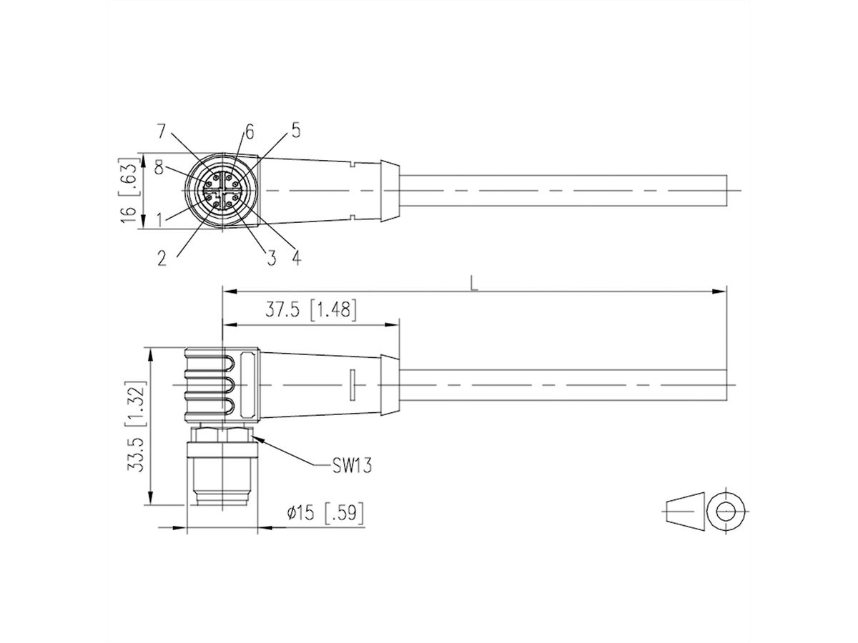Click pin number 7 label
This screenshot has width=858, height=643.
coord(162,131)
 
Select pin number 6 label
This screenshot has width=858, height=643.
coord(249,131)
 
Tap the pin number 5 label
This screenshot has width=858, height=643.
coord(295,130)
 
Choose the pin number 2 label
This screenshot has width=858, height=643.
coord(162,258)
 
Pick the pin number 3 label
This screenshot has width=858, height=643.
coord(271,258)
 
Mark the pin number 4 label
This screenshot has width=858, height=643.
coord(295,257)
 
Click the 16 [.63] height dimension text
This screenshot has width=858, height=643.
coord(129,191)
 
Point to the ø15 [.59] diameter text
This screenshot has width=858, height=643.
coord(325,513)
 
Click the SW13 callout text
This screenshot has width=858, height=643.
coord(351,467)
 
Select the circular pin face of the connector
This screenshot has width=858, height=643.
coord(220,191)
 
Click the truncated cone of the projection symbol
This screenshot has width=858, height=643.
coord(684,512)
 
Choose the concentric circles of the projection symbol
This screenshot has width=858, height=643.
coord(726,512)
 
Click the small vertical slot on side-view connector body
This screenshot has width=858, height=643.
coord(352,384)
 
